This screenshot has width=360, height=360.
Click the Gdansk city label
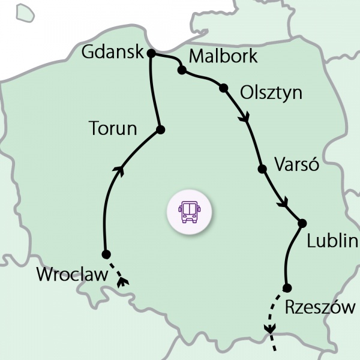[x=112, y=53]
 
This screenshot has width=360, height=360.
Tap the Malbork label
[x=223, y=57]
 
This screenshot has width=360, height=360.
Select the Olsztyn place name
[x=271, y=93]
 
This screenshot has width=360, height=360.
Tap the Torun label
[x=113, y=128]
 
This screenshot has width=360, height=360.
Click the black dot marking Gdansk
[x=151, y=53]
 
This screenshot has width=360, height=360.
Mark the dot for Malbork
[x=181, y=71]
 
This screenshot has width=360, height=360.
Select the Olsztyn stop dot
[x=224, y=88]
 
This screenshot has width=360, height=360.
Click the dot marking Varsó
[x=262, y=169]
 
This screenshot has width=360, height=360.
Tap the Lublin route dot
[x=302, y=224]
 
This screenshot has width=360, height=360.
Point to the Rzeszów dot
[x=287, y=287]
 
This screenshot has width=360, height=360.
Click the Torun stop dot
[x=160, y=130]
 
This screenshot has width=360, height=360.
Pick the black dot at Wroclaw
[x=106, y=254]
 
